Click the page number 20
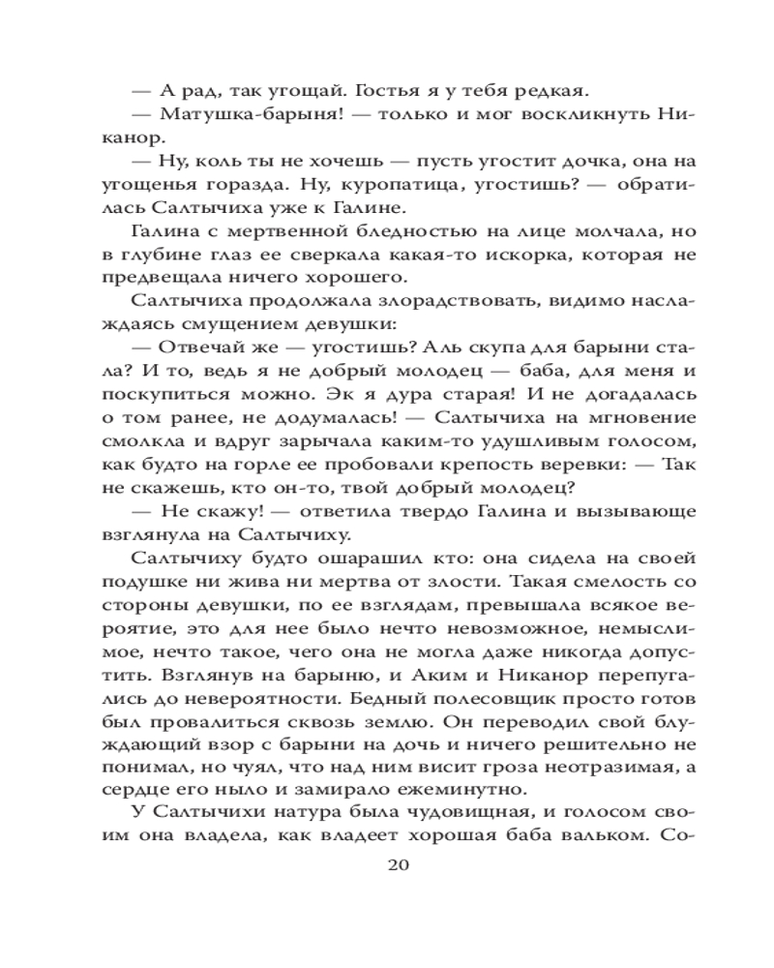click(x=386, y=864)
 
